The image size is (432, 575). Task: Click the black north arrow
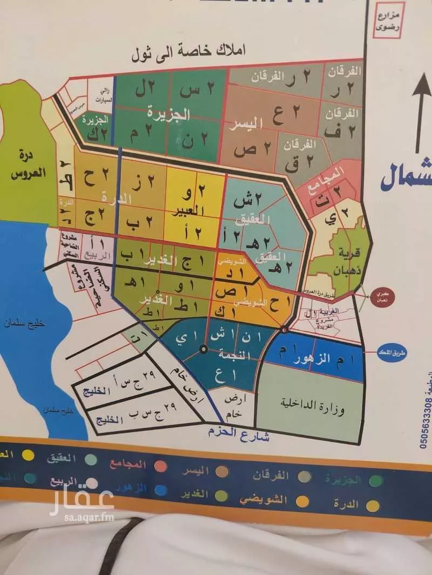[420, 116]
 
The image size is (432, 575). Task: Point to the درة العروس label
[25, 165]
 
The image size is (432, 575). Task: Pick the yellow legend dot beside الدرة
[372, 505]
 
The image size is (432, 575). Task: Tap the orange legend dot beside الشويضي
[303, 501]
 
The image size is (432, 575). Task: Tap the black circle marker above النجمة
[204, 349]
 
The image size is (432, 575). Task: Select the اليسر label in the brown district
[246, 124]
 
